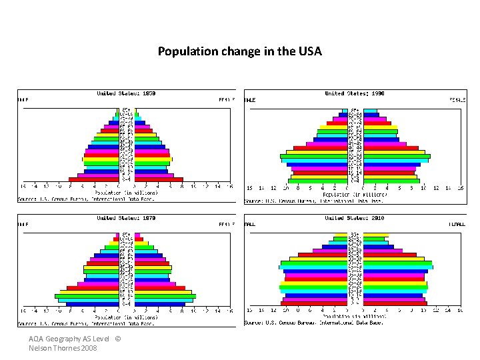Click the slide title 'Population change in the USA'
point(239,51)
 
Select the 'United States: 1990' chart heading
point(354,93)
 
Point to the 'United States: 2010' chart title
point(354,218)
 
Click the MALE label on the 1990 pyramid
point(250,101)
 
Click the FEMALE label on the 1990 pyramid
point(457,101)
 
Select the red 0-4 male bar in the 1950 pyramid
point(94,179)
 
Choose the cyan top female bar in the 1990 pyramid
point(371,111)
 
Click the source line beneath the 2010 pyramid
point(313,323)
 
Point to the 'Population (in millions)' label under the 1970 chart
point(126,317)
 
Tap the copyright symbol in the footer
point(118,339)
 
